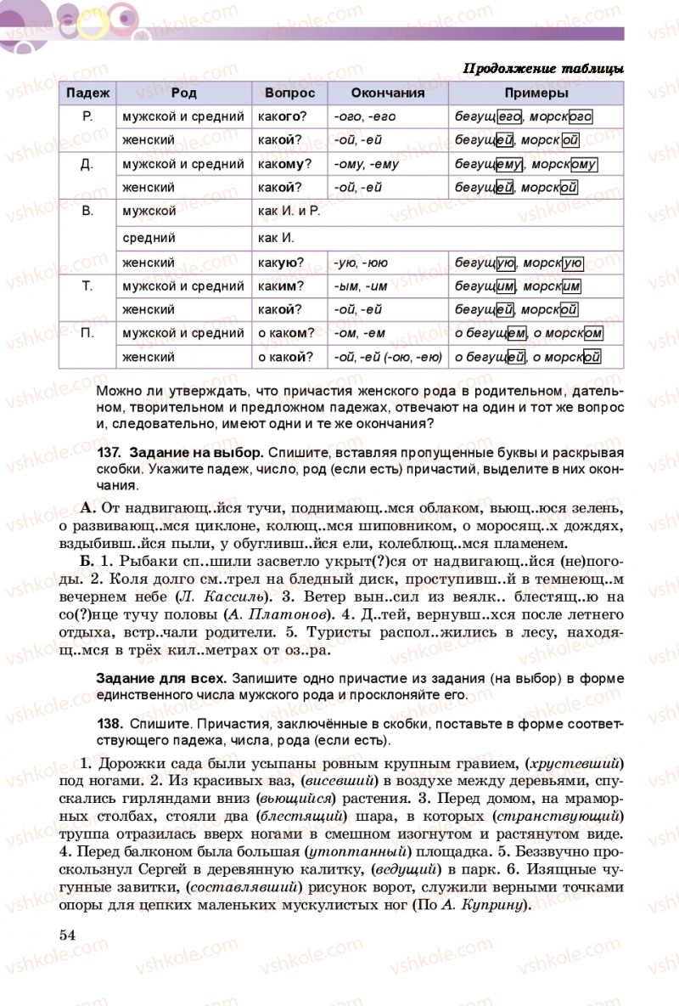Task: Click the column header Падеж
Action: coord(87,93)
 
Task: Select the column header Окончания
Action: coord(388,93)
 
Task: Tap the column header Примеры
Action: coord(536,93)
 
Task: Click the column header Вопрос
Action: coord(289,93)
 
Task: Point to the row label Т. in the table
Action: coord(87,286)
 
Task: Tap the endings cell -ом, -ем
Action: coord(360,334)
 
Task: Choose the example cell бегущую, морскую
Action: coord(519,263)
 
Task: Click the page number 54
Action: coord(68,935)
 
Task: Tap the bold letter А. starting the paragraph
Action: coord(87,508)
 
